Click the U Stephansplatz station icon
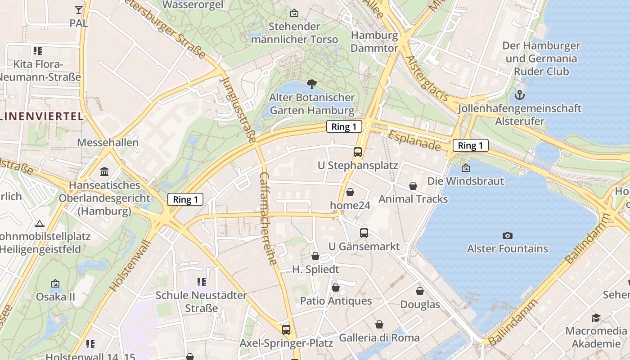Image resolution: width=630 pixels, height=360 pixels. pos(358,152)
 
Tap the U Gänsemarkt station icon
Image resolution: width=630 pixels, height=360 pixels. pos(364,233)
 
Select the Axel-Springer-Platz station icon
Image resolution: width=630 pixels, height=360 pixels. pos(286,329)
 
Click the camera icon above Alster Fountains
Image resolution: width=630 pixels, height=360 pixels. pos(507,235)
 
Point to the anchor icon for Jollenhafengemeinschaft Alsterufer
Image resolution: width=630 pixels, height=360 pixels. pos(520,95)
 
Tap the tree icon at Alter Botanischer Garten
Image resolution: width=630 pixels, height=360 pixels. pos(311,84)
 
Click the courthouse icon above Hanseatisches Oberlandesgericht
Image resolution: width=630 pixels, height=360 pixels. pos(105,171)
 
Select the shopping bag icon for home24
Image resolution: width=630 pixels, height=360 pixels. pos(350,192)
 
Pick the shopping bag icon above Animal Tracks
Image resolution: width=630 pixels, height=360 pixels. pos(413,185)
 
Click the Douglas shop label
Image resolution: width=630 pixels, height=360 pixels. pos(420,305)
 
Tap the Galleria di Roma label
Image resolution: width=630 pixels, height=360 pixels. pos(379,337)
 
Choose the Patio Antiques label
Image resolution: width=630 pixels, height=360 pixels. pos(336,301)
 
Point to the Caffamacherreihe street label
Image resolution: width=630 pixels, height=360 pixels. pos(269,218)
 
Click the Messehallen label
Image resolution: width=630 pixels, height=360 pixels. pos(108,143)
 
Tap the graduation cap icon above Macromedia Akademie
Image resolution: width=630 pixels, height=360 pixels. pos(596,318)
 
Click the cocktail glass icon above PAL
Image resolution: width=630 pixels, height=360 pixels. pos(79,9)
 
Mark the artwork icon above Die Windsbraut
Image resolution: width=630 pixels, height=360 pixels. pos(466,168)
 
